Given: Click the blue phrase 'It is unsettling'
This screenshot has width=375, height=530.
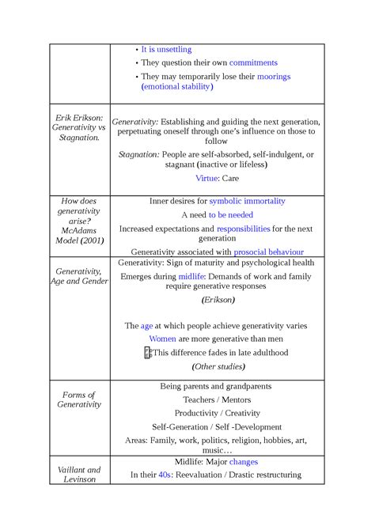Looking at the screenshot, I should tap(166, 49).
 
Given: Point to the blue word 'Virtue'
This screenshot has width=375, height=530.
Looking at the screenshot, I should tap(206, 179).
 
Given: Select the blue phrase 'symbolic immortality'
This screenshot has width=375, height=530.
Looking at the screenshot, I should tap(247, 201).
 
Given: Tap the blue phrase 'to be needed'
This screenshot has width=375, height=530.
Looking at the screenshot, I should tap(231, 214).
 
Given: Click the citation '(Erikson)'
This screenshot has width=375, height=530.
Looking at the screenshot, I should tap(218, 301).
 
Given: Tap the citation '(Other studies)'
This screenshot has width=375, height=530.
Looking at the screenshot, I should tap(218, 366).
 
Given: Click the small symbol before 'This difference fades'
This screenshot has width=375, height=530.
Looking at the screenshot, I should tap(147, 353).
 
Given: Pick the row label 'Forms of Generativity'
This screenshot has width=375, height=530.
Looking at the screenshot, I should tap(78, 399).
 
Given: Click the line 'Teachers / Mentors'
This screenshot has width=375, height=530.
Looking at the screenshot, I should tap(215, 399).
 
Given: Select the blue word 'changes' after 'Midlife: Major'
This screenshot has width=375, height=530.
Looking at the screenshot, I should tap(244, 461).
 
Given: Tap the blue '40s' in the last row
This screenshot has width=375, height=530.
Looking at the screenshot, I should tap(165, 475).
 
